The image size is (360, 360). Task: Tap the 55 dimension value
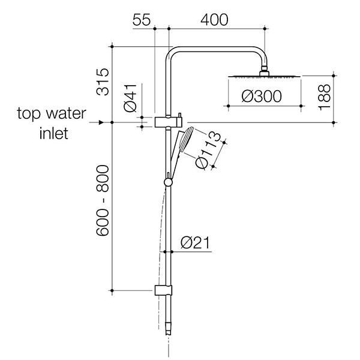click(x=142, y=19)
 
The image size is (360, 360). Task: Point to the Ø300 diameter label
click(x=261, y=96)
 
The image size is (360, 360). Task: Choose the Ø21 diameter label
click(x=194, y=243)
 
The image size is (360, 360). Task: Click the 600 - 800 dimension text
click(x=103, y=200)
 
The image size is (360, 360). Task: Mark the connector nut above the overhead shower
click(x=263, y=73)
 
